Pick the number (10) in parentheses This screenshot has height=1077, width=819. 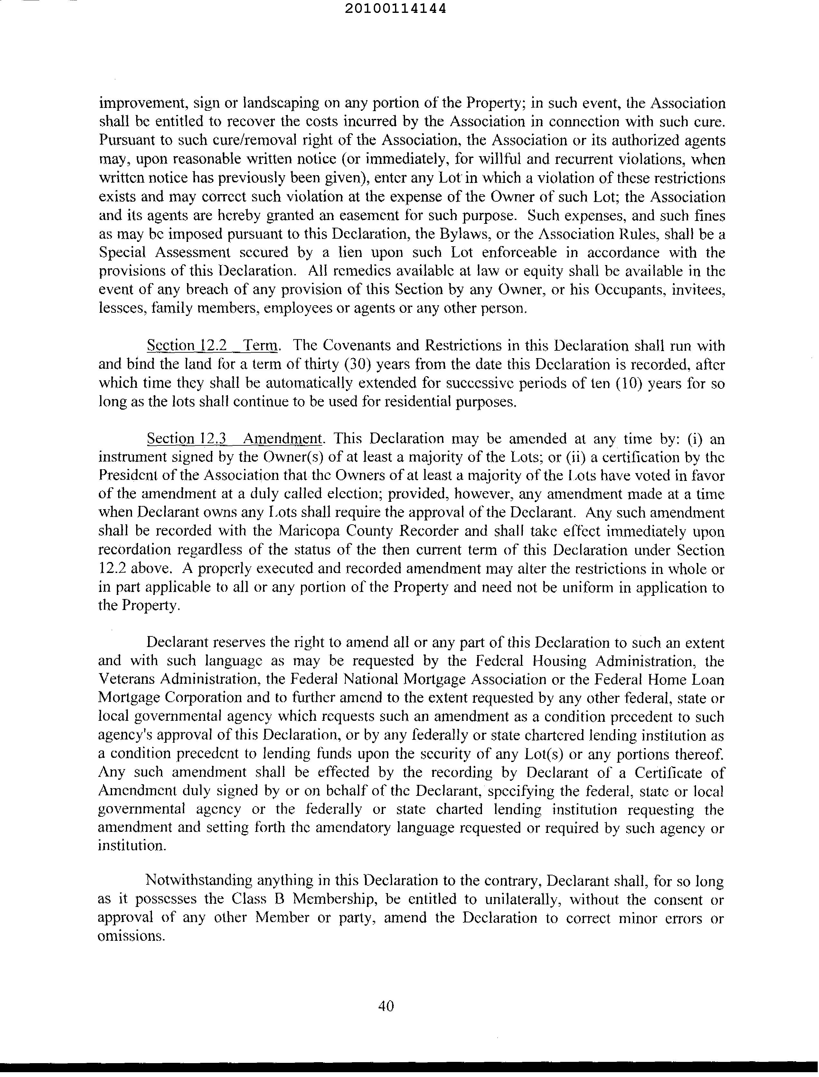[631, 383]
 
